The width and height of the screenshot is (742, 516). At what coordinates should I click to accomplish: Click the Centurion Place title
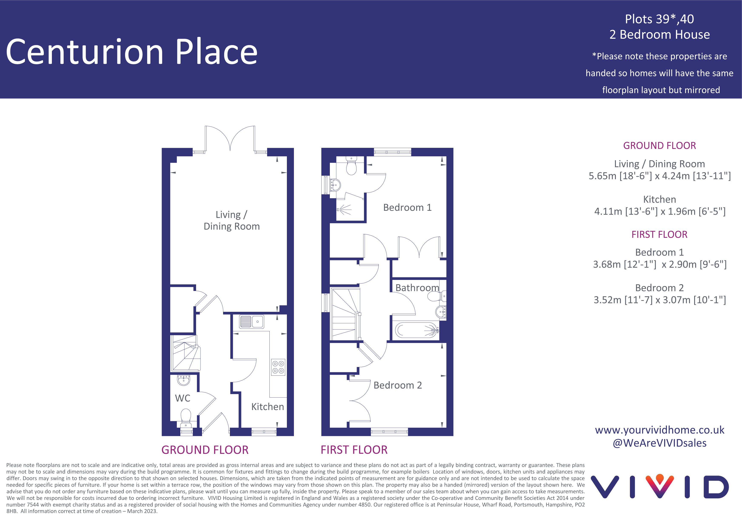point(131,52)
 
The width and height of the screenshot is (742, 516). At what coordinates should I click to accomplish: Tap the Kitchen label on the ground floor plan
point(268,406)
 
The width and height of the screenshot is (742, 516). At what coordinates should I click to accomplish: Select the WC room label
point(183,398)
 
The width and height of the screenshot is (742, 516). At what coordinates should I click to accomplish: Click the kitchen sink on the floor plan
point(251,322)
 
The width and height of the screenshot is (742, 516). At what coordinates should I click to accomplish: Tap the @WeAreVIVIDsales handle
point(660,443)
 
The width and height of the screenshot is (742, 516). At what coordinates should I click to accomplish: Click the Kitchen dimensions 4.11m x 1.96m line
point(660,211)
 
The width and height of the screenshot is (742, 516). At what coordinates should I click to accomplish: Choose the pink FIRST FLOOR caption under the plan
point(354,450)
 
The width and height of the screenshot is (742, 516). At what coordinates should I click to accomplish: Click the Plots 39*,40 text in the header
point(659,19)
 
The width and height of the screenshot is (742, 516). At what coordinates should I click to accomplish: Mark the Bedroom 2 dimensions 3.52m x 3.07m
point(660,300)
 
